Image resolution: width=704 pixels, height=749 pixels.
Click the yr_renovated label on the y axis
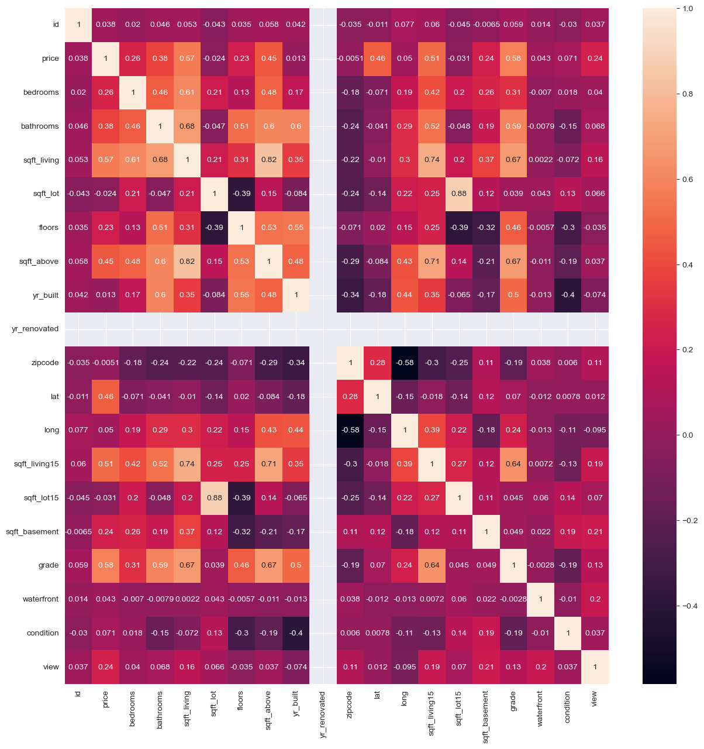click(35, 329)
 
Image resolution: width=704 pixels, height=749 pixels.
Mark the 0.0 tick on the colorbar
click(687, 435)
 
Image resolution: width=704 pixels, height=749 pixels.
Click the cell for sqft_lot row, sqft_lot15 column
click(459, 194)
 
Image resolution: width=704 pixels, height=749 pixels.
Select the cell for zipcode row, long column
click(405, 363)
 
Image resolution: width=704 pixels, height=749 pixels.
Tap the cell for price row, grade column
click(513, 59)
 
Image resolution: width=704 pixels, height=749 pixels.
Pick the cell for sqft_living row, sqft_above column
click(268, 160)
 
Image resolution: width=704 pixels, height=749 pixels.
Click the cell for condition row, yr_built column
click(296, 633)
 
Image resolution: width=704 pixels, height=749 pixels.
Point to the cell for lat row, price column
click(106, 397)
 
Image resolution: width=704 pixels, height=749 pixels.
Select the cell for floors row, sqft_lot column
click(215, 228)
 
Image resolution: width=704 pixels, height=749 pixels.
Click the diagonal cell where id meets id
click(78, 25)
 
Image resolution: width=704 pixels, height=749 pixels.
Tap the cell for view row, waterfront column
click(540, 667)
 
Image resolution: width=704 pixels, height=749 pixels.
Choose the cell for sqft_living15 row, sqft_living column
click(187, 464)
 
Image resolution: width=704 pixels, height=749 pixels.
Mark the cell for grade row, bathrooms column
click(160, 565)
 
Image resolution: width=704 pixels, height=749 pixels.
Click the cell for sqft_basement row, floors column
click(241, 532)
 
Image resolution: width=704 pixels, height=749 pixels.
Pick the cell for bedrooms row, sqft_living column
click(187, 92)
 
